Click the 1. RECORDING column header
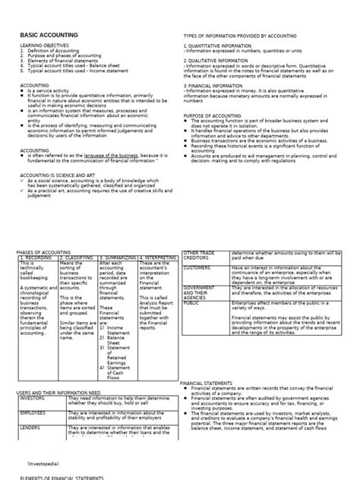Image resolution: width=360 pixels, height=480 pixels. click(34, 258)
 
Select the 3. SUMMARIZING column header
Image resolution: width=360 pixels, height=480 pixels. click(118, 258)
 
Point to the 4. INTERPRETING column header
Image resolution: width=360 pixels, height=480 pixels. click(156, 258)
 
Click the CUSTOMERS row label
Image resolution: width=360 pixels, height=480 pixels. click(197, 268)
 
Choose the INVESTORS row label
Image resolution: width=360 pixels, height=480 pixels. click(33, 397)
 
